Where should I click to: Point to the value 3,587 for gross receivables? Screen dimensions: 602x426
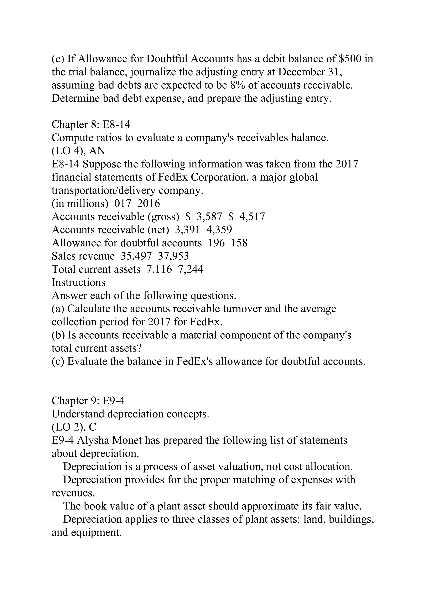point(209,217)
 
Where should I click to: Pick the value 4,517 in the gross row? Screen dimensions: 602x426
point(252,217)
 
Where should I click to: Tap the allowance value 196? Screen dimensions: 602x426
point(216,243)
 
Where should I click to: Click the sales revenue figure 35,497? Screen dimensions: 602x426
point(136,256)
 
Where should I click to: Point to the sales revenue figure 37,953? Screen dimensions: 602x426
point(173,256)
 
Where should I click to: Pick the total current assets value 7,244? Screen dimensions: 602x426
point(191,269)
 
